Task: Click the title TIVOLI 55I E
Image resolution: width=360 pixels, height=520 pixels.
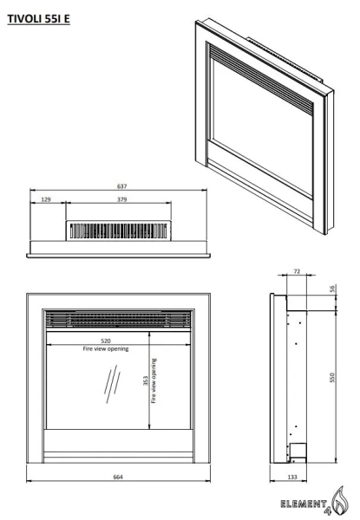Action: pos(38,19)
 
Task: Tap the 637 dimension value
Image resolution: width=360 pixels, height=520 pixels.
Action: pos(121,186)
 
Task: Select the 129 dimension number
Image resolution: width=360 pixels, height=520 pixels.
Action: pos(46,199)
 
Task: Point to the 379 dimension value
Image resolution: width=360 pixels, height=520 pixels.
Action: pos(121,199)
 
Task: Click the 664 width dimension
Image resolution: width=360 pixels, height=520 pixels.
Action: pos(118,477)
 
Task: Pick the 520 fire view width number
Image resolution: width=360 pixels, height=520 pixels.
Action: pos(106,341)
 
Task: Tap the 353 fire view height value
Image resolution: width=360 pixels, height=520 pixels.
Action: pos(146,380)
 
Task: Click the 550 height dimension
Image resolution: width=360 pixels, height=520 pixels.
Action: pos(332,377)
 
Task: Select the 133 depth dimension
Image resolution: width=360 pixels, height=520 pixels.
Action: pos(292,477)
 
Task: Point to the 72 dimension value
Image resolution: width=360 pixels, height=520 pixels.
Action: pos(297,271)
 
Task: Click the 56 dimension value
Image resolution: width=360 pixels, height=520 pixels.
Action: pos(332,289)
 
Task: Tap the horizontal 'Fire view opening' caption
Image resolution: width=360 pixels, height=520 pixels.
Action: pos(106,348)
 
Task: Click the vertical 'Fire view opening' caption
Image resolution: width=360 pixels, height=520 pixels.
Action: pos(154,380)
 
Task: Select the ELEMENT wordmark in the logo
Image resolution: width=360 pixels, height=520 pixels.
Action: pos(304,504)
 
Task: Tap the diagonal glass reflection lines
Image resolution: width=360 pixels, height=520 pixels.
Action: pos(113,384)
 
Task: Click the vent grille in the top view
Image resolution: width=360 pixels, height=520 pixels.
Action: pos(119,231)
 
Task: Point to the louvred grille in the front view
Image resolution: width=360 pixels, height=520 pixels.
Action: pos(118,319)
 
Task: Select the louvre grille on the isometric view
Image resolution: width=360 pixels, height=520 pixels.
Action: pos(261,80)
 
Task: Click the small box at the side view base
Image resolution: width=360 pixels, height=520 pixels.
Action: pos(298,450)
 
